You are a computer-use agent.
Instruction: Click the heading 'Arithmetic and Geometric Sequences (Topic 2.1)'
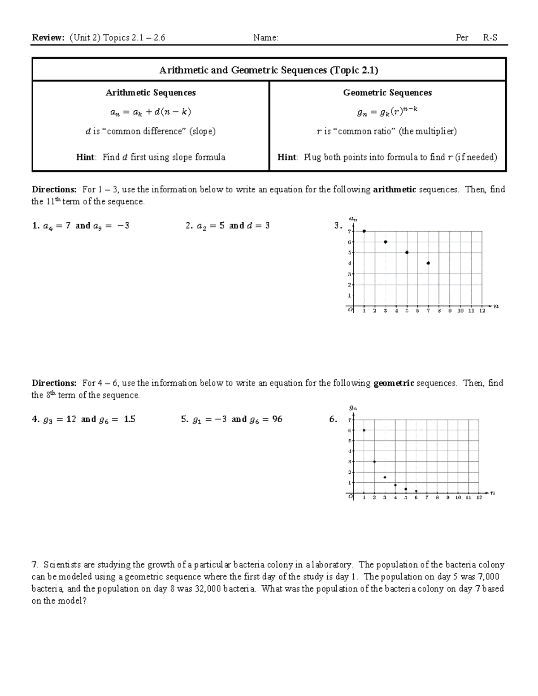pyautogui.click(x=269, y=70)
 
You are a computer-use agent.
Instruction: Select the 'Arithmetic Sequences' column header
pyautogui.click(x=151, y=93)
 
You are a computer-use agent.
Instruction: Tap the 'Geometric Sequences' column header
pyautogui.click(x=387, y=93)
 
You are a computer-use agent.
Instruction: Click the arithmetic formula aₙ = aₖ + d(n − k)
pyautogui.click(x=151, y=112)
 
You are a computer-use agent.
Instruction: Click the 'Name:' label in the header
pyautogui.click(x=265, y=38)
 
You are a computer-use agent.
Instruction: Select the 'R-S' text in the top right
pyautogui.click(x=490, y=38)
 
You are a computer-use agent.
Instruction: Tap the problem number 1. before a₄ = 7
pyautogui.click(x=35, y=226)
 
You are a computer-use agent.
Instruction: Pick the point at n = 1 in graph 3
pyautogui.click(x=364, y=231)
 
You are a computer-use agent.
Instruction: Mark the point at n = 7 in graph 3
pyautogui.click(x=428, y=263)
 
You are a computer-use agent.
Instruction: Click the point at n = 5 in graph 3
pyautogui.click(x=407, y=252)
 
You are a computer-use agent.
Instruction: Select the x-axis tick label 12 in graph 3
pyautogui.click(x=482, y=311)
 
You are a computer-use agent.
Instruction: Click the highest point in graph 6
pyautogui.click(x=364, y=430)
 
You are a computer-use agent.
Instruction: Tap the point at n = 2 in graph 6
pyautogui.click(x=374, y=462)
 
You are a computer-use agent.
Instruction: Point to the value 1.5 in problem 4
pyautogui.click(x=129, y=419)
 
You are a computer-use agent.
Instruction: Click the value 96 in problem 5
pyautogui.click(x=277, y=419)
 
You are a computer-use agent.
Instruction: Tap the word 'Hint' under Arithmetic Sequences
pyautogui.click(x=85, y=157)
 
